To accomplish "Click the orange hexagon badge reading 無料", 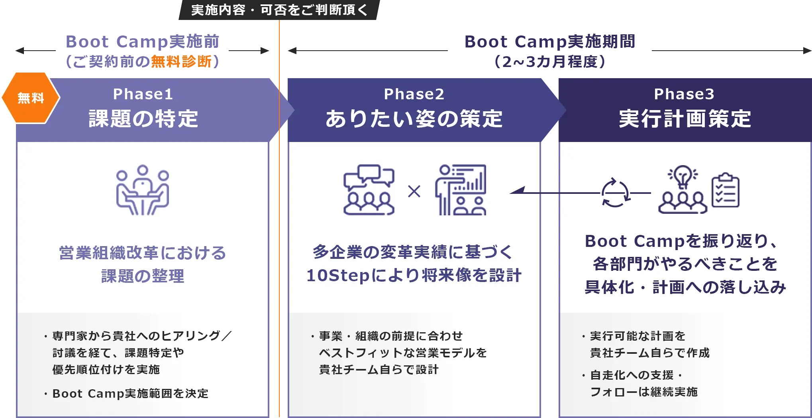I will tap(31, 98).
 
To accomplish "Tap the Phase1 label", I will tap(143, 94).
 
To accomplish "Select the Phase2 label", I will tap(414, 94).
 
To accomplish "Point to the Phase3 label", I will tap(684, 94).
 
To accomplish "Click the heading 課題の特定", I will tap(143, 119).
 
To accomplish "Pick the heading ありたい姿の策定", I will tap(414, 119).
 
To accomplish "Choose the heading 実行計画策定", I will tap(685, 119).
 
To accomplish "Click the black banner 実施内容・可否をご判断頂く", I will tap(279, 10).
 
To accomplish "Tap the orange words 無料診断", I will tap(181, 61).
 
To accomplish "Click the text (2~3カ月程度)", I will tap(549, 61).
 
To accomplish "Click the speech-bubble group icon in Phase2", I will tap(369, 190).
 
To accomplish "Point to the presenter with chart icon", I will tap(461, 190).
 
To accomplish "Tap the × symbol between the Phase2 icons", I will tap(414, 192).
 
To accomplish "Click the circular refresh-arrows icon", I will tap(615, 193).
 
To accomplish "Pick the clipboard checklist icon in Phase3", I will tap(726, 190).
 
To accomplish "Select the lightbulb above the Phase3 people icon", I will tap(683, 176).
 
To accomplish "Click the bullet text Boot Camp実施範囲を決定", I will tap(130, 394).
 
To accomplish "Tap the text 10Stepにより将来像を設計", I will tap(414, 275).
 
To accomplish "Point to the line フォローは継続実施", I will tap(643, 392).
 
